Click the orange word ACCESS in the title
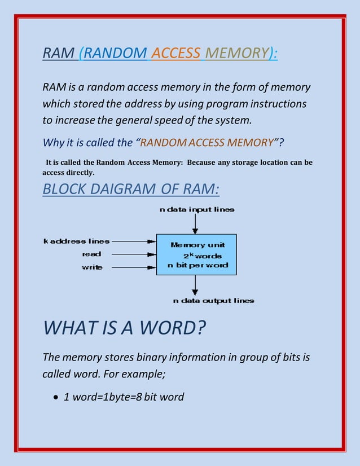coord(176,53)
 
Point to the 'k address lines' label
coord(77,241)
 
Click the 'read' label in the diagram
coord(93,254)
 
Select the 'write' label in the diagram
coord(93,267)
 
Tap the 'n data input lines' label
coord(197,209)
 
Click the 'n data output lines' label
coord(213,301)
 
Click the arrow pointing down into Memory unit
coord(195,223)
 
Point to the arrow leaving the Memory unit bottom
coord(195,285)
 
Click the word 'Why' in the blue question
coord(54,142)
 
